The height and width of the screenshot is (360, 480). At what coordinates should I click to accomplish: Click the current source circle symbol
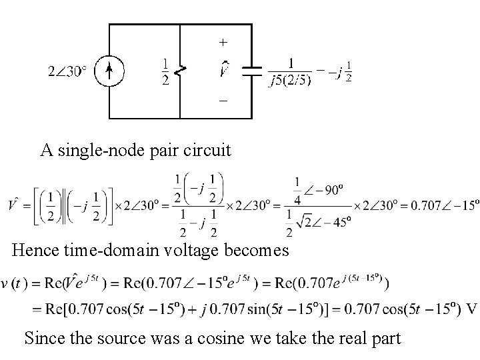click(108, 70)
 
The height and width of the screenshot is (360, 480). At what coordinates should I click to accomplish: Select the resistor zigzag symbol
click(180, 70)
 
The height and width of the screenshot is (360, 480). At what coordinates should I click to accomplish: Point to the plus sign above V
click(223, 42)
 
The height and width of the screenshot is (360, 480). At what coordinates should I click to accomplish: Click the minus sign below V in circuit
click(223, 100)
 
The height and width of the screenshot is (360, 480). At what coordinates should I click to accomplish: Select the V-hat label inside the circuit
click(225, 69)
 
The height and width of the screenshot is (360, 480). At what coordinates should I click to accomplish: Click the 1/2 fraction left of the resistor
click(165, 71)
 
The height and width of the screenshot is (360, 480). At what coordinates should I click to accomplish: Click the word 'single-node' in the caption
click(95, 150)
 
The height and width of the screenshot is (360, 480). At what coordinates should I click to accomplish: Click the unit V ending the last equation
click(472, 309)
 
